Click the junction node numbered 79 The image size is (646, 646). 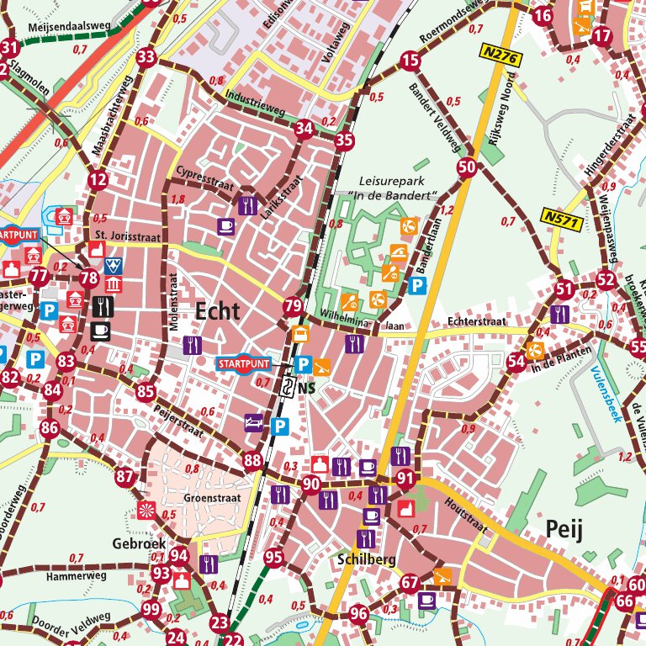(x=293, y=306)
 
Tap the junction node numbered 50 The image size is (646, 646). (x=468, y=167)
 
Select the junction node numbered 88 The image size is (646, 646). (x=252, y=460)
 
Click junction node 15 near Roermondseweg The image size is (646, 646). (x=410, y=60)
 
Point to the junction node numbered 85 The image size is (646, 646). (x=146, y=391)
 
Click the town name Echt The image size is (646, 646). (x=217, y=311)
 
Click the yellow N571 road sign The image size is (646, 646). (x=561, y=217)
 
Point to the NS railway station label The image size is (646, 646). (x=305, y=389)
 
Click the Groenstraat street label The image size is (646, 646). (x=213, y=497)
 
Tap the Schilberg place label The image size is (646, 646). (x=365, y=558)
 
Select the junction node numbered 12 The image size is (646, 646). (x=98, y=179)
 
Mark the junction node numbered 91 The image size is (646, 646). (x=406, y=479)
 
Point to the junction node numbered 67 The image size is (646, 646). (x=410, y=583)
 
